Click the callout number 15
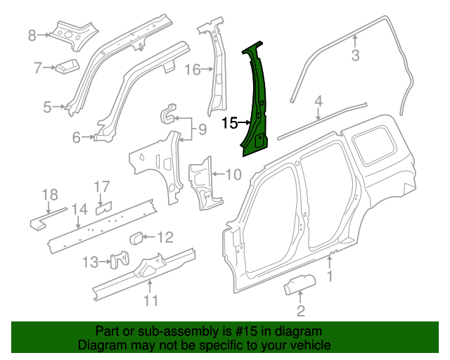[229, 124]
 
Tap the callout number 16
[192, 69]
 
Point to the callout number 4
[319, 101]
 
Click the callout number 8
[32, 35]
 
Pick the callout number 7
[38, 67]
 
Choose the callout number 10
[233, 174]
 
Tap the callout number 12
[164, 236]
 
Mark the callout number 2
[301, 311]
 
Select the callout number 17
[103, 186]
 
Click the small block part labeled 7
[67, 67]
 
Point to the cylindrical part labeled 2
[295, 287]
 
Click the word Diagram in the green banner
[99, 345]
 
